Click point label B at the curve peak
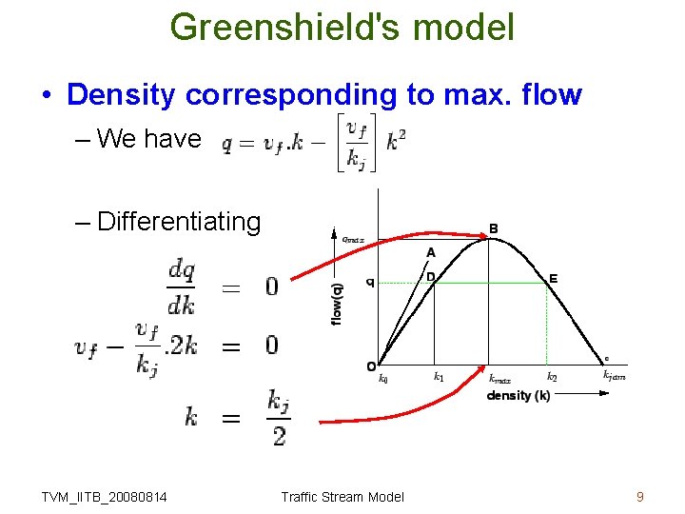coord(493,228)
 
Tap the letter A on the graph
coord(431,252)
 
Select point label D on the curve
coord(431,276)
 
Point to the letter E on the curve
coord(553,279)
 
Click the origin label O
coord(371,366)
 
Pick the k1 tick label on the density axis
coord(439,377)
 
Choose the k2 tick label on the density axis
coord(552,377)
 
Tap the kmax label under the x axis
coord(499,379)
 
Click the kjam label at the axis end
coord(614,376)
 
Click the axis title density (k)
coord(519,395)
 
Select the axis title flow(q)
coord(338,303)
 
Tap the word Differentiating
coord(179,222)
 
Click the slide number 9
coord(640,496)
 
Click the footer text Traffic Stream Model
coord(342,496)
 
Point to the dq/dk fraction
coord(182,287)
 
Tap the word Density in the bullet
coord(122,95)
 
